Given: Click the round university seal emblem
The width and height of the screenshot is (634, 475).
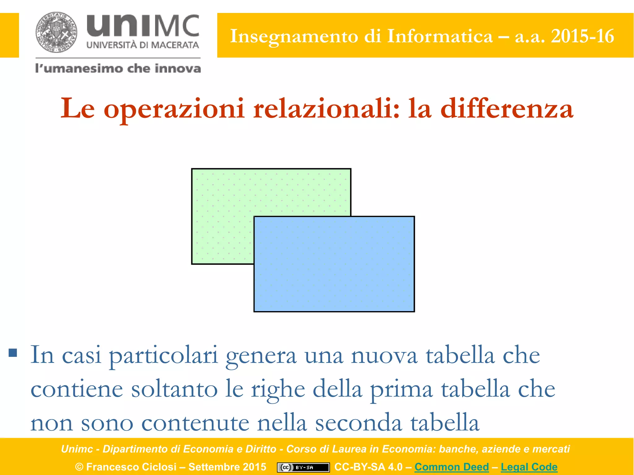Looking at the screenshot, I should tap(56, 32).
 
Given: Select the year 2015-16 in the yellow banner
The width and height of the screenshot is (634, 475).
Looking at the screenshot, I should tap(582, 36).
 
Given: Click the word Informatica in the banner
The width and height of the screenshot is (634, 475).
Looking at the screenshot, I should tap(440, 36).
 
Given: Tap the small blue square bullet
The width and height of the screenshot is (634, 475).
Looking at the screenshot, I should tap(13, 353).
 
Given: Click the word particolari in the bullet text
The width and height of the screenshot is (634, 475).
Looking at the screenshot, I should tap(163, 356).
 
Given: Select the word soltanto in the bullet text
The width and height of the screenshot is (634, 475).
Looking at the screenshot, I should tap(174, 389).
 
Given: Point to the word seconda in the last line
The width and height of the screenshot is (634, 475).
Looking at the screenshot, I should tap(358, 423).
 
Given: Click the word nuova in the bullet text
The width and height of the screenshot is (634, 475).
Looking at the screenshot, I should tap(384, 356).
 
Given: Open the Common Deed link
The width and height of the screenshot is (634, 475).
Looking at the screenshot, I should tap(451, 467).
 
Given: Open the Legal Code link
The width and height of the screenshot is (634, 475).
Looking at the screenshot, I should tap(529, 467).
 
